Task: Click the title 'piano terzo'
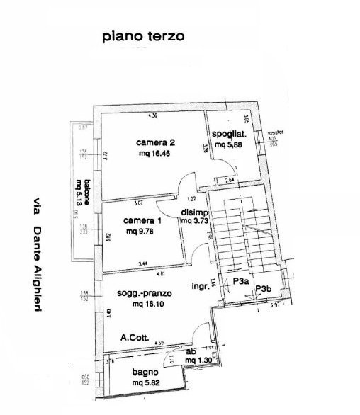point(142,35)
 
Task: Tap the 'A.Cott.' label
point(134,338)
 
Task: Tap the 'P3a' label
point(240,281)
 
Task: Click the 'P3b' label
point(264,288)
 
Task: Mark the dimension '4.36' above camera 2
point(152,115)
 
